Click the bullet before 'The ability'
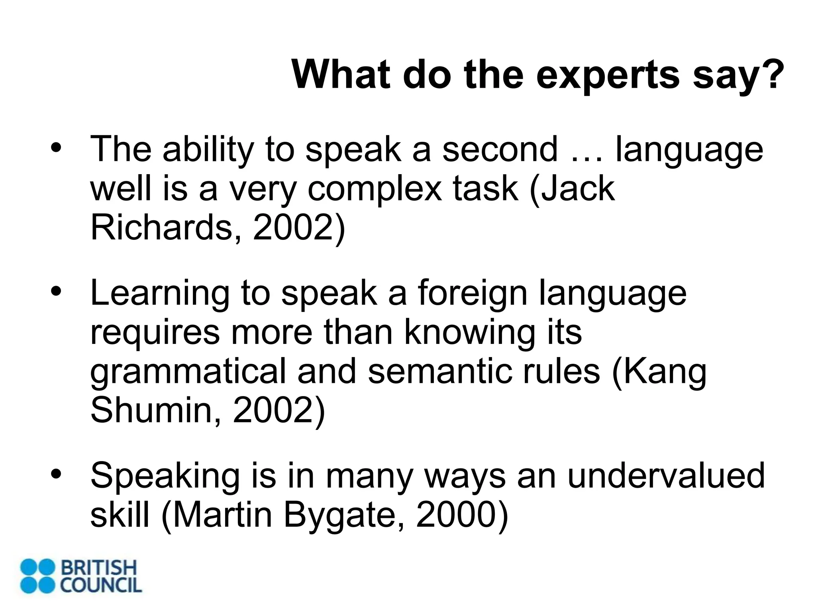[55, 148]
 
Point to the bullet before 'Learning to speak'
[55, 292]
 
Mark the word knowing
[470, 332]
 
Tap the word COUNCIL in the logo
[101, 585]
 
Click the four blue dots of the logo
[37, 576]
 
